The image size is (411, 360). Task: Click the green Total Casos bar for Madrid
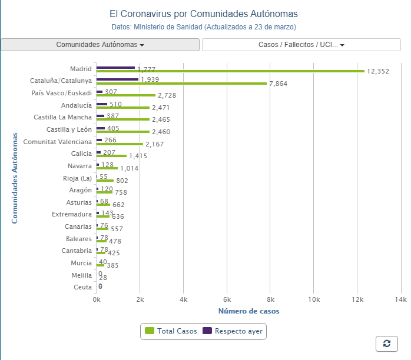(230, 71)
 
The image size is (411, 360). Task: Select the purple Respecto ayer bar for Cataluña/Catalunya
(117, 79)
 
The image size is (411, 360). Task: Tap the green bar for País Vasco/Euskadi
(125, 95)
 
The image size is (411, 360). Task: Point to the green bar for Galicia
(111, 156)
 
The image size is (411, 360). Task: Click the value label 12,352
(378, 71)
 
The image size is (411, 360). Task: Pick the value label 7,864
(278, 84)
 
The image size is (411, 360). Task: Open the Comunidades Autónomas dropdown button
(100, 45)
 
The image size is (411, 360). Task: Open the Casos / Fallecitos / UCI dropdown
(301, 45)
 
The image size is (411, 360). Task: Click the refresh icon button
(386, 344)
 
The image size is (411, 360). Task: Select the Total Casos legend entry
(170, 332)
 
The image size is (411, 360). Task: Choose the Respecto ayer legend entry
(234, 332)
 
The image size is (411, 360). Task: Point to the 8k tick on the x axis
(270, 299)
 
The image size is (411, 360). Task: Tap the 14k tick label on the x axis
(400, 299)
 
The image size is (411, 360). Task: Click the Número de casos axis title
(248, 311)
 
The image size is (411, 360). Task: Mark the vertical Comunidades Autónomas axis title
(15, 178)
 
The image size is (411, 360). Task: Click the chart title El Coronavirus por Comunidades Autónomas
(204, 14)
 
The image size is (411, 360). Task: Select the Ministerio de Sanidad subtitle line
(204, 27)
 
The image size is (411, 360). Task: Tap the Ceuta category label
(82, 288)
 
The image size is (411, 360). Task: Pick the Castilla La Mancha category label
(63, 117)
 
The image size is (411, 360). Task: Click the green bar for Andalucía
(122, 108)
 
